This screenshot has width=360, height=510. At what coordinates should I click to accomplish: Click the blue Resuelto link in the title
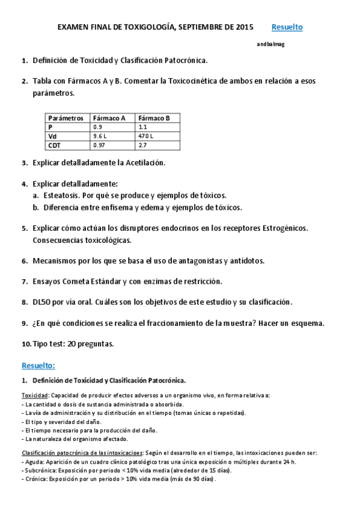click(x=287, y=27)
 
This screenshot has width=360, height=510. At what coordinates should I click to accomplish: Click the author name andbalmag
click(x=270, y=44)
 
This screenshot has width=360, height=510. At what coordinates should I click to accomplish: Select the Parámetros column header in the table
click(x=66, y=118)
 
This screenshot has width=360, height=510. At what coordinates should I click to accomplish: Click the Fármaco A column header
click(x=109, y=118)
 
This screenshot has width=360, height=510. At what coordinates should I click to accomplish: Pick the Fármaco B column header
click(x=154, y=118)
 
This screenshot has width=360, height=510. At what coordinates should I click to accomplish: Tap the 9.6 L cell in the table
click(x=100, y=137)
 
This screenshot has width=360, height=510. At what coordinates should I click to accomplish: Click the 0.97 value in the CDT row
click(x=99, y=146)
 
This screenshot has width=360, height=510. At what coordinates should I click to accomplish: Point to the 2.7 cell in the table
click(x=142, y=146)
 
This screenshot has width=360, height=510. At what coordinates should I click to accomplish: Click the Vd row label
click(x=52, y=137)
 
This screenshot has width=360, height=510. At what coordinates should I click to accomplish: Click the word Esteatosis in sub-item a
click(x=62, y=195)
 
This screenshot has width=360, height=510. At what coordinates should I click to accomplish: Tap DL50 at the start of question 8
click(x=43, y=302)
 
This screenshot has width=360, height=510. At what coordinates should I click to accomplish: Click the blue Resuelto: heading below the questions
click(x=38, y=365)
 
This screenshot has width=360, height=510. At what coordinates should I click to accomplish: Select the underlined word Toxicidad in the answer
click(x=35, y=395)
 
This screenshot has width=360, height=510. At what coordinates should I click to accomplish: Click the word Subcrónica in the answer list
click(x=40, y=470)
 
